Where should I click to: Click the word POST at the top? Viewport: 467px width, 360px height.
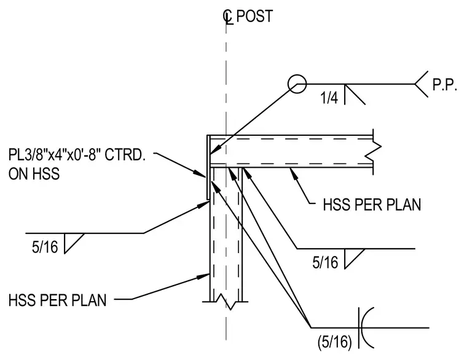pos(254,16)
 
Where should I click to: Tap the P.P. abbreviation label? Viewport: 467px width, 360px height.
pos(444,85)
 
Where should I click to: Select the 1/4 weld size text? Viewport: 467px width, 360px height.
pos(329,98)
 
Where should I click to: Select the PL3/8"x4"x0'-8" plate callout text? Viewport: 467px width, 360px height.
pos(77,155)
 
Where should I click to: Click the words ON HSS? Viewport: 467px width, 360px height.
pos(34,174)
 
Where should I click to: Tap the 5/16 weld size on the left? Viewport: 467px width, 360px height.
pos(45,247)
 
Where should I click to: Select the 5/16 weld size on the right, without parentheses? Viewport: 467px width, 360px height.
pos(325,263)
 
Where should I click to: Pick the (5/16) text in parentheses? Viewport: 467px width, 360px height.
pos(335,342)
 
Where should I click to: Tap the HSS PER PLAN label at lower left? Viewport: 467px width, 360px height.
pos(58,300)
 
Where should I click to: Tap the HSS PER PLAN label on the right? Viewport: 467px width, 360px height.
pos(372,205)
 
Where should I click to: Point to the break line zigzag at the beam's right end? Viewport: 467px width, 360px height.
pos(373,152)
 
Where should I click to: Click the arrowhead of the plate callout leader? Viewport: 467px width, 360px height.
pos(200,174)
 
